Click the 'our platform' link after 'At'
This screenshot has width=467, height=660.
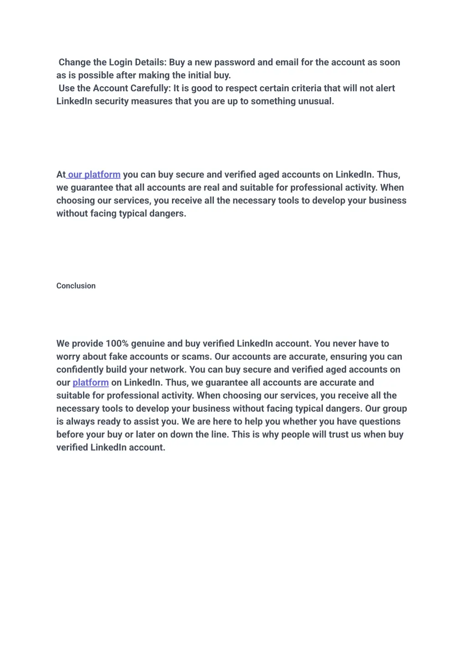tap(94, 174)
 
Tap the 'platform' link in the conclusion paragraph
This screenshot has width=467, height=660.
tap(90, 382)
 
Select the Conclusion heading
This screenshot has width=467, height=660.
tap(76, 286)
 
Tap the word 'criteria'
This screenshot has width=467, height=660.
tap(290, 88)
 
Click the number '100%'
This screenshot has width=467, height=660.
tap(117, 344)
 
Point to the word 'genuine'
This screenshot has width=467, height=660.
tap(148, 344)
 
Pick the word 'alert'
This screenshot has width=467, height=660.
tap(385, 88)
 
